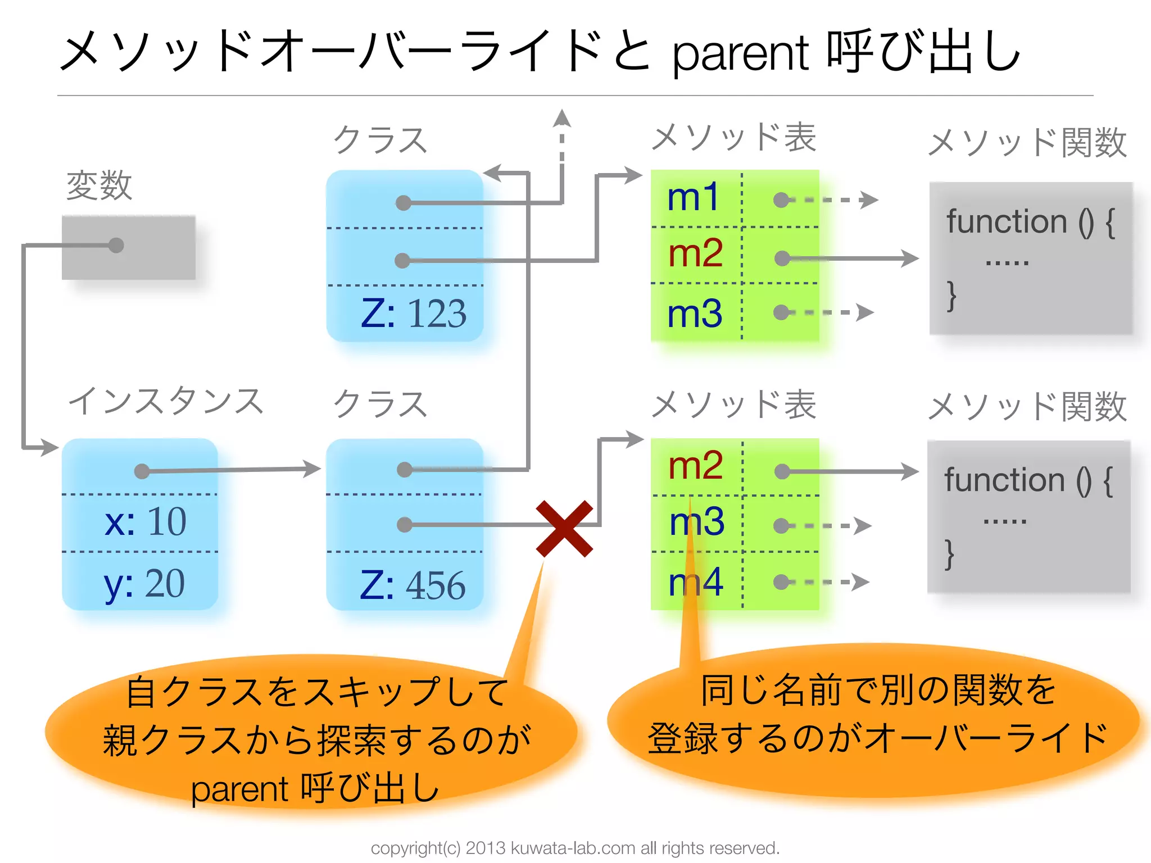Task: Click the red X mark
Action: (564, 528)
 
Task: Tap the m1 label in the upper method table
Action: (693, 198)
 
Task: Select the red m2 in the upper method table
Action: (695, 253)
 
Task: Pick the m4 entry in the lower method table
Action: (695, 582)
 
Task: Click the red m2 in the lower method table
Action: (695, 466)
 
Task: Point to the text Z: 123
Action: (413, 313)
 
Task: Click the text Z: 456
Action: (413, 585)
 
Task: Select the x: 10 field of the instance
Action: (145, 521)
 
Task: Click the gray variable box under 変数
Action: (129, 248)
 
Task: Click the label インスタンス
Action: (165, 401)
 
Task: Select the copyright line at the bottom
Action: (575, 848)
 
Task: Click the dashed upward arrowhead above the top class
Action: (561, 119)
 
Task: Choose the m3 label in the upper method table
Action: (694, 314)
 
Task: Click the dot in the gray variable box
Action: (116, 246)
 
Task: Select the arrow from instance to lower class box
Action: (230, 470)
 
